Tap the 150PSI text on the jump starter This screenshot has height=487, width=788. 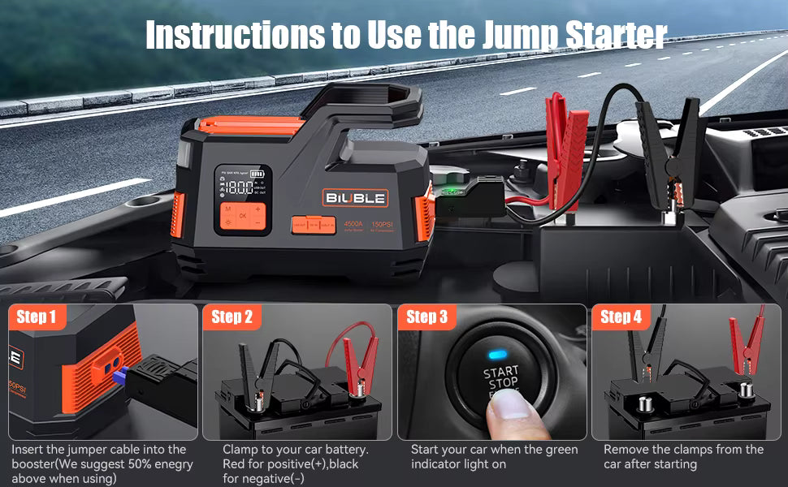point(382,225)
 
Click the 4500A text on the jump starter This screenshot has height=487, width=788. point(354,225)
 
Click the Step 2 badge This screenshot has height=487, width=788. point(232,317)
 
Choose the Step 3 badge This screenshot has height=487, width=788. point(426,317)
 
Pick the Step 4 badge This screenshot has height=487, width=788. point(621,317)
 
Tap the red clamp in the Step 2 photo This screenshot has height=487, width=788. point(358,357)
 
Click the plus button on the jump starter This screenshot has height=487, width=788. point(258,209)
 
